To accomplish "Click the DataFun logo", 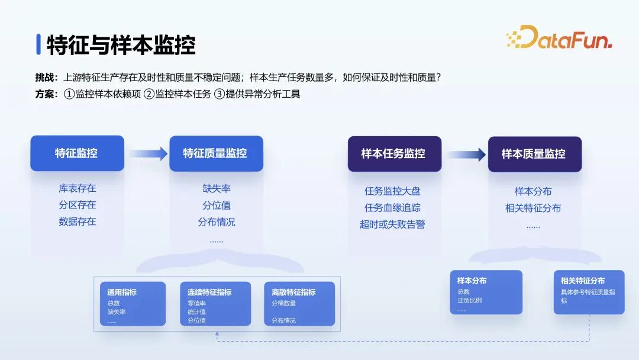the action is (x=559, y=37).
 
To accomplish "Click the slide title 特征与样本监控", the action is (x=121, y=45).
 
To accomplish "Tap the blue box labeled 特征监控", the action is (x=77, y=153).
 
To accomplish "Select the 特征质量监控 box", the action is (x=216, y=153).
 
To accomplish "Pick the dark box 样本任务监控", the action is (x=395, y=154).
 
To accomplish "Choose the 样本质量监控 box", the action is (x=535, y=154).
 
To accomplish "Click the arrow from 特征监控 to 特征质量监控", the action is (x=149, y=154).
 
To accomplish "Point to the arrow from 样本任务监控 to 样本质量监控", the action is (x=467, y=155).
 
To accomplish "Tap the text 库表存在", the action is (x=78, y=188).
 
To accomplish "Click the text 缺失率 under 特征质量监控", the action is (x=217, y=188).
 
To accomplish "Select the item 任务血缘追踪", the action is (x=392, y=208).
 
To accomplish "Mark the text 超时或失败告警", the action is (x=392, y=224).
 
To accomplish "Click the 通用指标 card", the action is (x=133, y=304).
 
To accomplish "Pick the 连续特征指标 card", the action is (x=215, y=304).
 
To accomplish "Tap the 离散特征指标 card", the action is (x=299, y=304).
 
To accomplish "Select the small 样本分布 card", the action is (x=486, y=292).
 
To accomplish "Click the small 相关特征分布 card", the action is (x=589, y=292).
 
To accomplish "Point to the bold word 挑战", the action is (x=45, y=78).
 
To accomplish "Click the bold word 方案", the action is (x=45, y=94).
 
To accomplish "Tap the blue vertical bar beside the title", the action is (x=38, y=44).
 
